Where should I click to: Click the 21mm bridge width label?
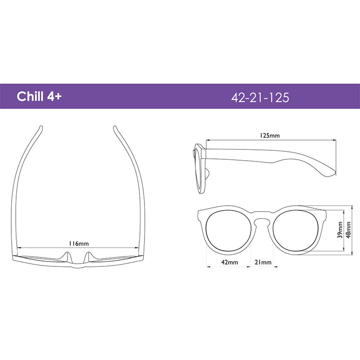(x=263, y=262)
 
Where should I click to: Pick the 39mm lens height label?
(x=340, y=230)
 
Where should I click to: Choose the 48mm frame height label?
(x=349, y=230)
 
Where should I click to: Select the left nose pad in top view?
(x=68, y=257)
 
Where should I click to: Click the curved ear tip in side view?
(x=331, y=171)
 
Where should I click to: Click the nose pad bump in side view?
(x=208, y=175)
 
